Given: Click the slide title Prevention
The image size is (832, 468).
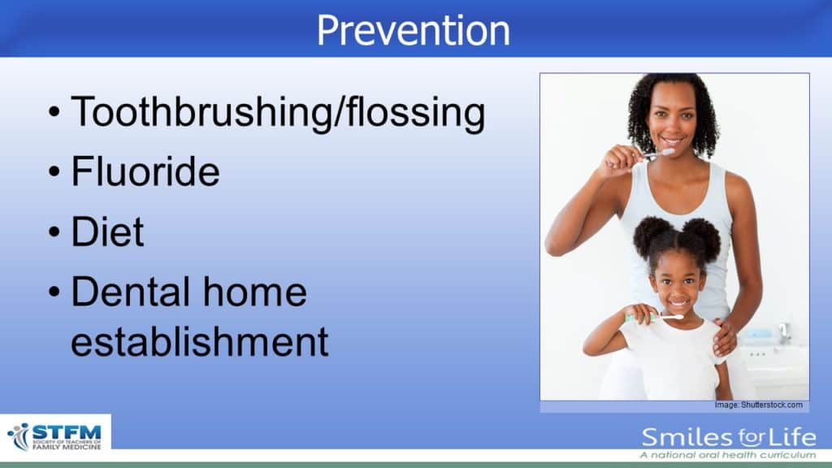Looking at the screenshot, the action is [x=414, y=30].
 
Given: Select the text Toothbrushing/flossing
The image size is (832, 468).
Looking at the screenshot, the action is [x=278, y=113].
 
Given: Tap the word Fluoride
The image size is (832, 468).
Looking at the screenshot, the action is [x=145, y=171].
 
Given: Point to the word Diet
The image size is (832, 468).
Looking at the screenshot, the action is [x=108, y=232].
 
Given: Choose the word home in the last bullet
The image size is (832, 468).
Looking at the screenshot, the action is [x=255, y=292].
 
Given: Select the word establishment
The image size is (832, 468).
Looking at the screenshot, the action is [x=200, y=341].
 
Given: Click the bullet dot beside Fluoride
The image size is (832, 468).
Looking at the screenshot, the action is [x=54, y=172].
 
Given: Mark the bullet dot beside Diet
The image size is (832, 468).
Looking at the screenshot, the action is [x=54, y=232].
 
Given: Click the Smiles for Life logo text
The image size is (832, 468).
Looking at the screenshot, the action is [x=729, y=438].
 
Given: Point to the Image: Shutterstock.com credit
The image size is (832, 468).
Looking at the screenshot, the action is [x=758, y=405].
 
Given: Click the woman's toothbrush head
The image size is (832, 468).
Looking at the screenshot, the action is [x=666, y=152].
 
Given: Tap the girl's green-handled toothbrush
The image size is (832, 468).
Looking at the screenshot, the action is [x=654, y=318].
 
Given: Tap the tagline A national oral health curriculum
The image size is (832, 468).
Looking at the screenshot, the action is [x=727, y=455].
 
